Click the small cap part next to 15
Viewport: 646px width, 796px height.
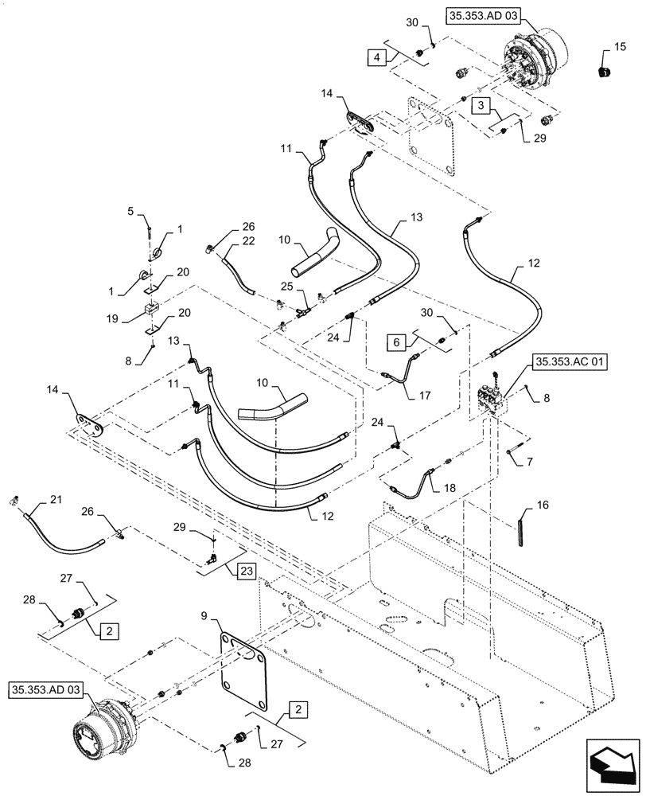(604, 73)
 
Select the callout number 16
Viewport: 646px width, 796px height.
(541, 505)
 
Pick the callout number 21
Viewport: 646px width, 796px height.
(55, 499)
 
